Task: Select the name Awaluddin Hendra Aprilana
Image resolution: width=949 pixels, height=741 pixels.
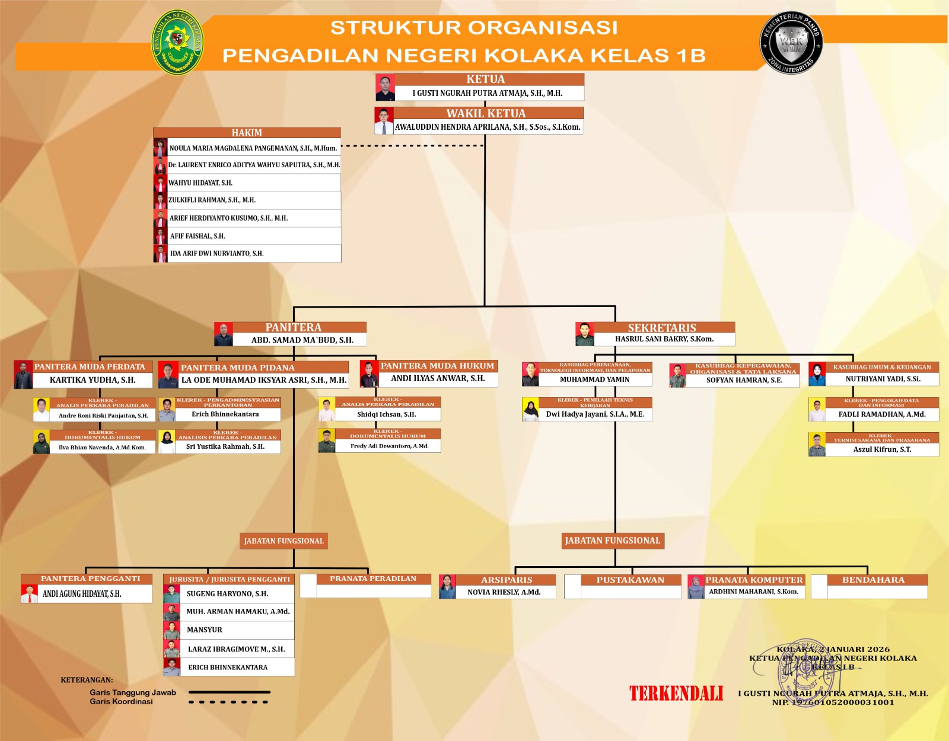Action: coord(488,127)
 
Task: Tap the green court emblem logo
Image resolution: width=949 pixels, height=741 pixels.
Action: coord(178,41)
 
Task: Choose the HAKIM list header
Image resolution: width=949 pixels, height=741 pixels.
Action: coord(247,133)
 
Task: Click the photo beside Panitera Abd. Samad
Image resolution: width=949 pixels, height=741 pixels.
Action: coord(224,334)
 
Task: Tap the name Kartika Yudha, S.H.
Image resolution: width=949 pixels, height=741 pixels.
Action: coord(93,380)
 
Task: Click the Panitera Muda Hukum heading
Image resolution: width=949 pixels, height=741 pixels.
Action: coord(437,366)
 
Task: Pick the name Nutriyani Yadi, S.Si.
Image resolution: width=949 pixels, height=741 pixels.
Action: coord(883,379)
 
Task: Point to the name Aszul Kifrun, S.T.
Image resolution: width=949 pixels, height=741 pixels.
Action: coord(882,450)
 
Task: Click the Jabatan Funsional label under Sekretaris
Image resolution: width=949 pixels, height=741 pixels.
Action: coord(613,541)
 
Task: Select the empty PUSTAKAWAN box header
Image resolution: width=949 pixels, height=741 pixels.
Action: coord(630,580)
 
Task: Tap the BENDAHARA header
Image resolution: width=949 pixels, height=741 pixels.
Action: coord(874,580)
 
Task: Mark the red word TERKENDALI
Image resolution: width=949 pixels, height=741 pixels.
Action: coord(676,694)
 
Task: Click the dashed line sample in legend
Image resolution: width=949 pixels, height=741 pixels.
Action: coord(229,702)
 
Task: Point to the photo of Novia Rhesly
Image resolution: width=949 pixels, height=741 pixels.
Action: coord(447,587)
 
